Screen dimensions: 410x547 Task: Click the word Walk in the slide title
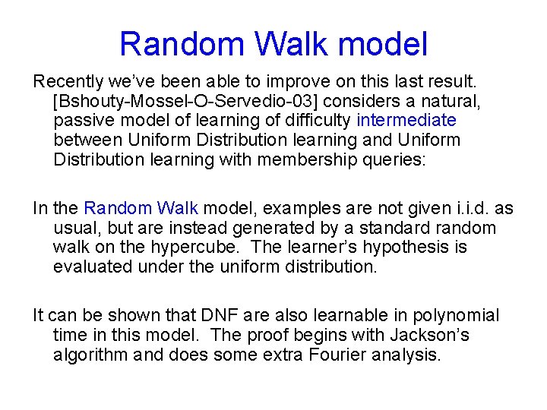tap(295, 44)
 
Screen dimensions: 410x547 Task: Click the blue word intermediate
tap(406, 120)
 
